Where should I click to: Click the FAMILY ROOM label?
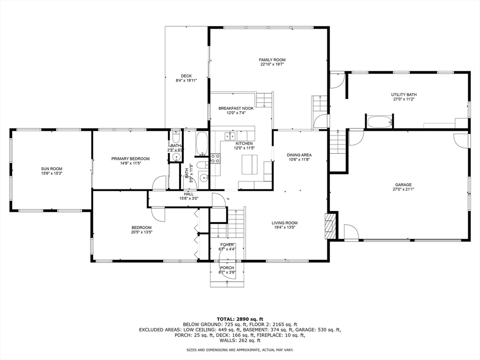(272, 60)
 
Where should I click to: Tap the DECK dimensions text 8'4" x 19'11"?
(186, 81)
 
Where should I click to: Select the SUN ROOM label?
(52, 169)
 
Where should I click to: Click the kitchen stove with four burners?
(215, 158)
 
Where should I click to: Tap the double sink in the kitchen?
(230, 135)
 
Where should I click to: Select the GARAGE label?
(403, 185)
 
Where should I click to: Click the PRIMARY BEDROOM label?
(130, 159)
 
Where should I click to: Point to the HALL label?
(189, 194)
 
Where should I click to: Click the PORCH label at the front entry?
(227, 268)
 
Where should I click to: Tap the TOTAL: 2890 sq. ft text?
(240, 319)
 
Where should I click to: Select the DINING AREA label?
(299, 155)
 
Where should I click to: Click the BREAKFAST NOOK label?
(236, 108)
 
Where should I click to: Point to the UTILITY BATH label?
(404, 95)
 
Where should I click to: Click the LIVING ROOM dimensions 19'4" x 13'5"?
(285, 227)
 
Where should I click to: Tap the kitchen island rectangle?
(250, 165)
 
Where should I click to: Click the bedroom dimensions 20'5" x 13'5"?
(142, 232)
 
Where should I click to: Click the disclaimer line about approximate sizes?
(240, 350)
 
